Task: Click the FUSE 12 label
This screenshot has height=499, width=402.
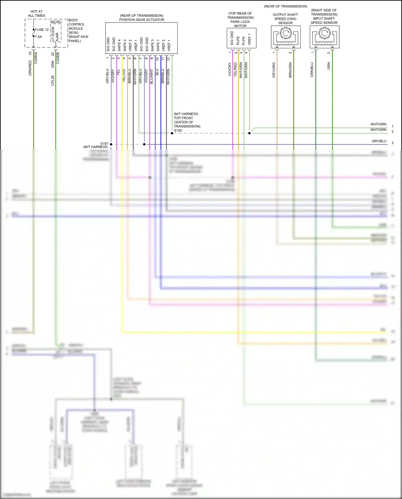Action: click(42, 30)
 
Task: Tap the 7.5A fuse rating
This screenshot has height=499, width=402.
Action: click(39, 37)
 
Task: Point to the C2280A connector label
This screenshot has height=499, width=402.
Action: click(36, 58)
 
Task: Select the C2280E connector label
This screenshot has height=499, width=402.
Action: click(58, 58)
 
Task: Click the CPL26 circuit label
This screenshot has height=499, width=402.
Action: click(53, 80)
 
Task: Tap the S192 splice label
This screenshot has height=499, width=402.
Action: click(178, 131)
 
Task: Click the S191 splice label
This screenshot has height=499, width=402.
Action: click(104, 144)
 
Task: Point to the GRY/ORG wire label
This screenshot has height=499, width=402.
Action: click(274, 70)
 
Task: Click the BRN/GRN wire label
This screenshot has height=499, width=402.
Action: click(290, 70)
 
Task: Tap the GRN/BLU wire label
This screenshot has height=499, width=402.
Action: click(312, 70)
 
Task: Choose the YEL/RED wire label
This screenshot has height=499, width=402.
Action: click(235, 70)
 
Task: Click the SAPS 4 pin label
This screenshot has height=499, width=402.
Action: click(119, 46)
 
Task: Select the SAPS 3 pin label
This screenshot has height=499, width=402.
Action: click(152, 46)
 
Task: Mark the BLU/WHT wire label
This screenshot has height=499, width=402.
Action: click(152, 77)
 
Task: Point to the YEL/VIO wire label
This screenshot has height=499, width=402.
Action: click(124, 76)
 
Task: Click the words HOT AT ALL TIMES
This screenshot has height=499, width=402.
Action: click(37, 14)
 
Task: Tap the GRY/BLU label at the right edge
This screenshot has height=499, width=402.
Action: click(379, 141)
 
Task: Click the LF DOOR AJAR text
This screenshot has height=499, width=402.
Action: click(55, 34)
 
